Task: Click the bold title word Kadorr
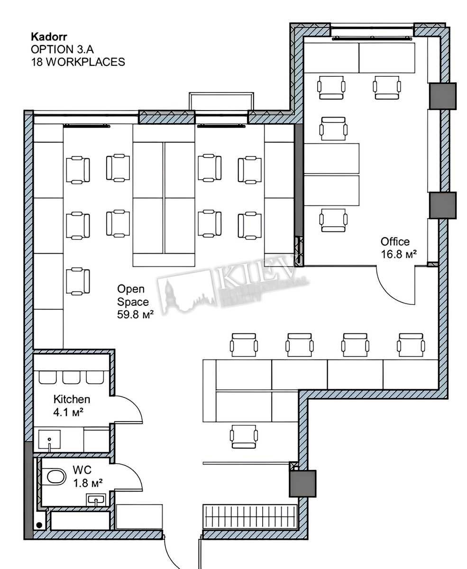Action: coord(49,37)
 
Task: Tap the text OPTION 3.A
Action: coord(62,49)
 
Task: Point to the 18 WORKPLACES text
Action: coord(78,62)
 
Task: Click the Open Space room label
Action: coord(133,295)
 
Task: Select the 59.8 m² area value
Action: coord(135,314)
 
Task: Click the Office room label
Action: coord(395,242)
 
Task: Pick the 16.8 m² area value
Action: coord(398,254)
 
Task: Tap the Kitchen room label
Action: coord(72,399)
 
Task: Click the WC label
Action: coord(82,470)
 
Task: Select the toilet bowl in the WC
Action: coord(55,477)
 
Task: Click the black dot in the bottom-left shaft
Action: coord(39,525)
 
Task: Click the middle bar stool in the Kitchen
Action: coord(71,377)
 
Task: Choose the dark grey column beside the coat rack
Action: coord(302,484)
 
